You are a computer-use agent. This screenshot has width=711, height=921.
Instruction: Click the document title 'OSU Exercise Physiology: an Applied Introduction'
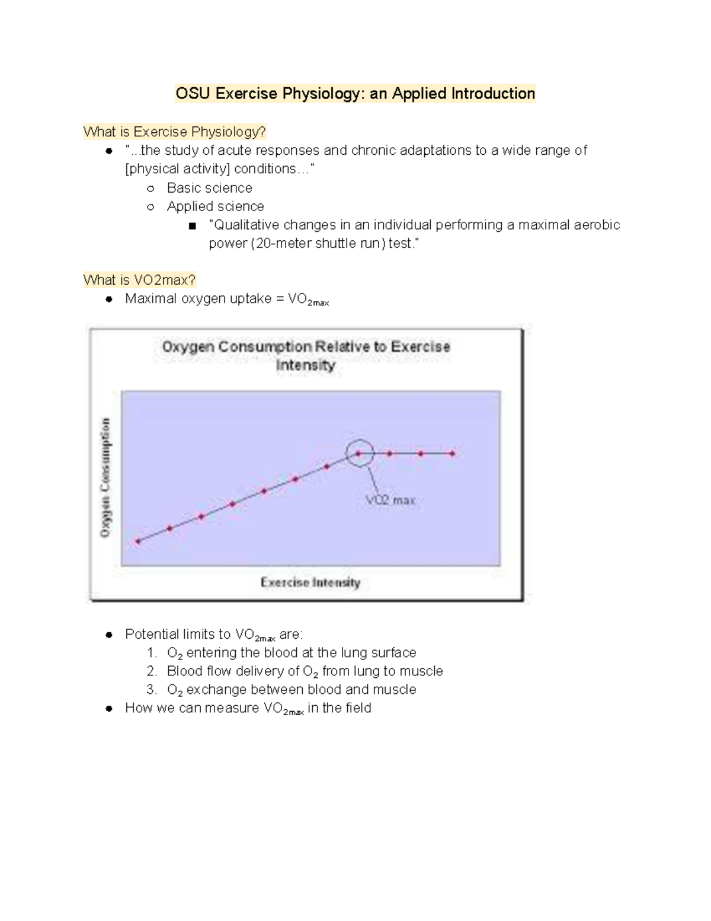tap(355, 94)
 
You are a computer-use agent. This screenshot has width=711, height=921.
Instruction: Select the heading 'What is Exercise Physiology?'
tap(175, 132)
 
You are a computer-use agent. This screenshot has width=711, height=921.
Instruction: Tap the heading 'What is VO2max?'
tap(139, 280)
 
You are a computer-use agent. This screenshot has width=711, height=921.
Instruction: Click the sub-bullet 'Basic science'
tap(209, 188)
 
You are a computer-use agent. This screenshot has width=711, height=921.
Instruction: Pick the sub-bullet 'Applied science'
tap(215, 206)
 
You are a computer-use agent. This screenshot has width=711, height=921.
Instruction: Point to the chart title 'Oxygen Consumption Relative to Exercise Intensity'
tap(306, 355)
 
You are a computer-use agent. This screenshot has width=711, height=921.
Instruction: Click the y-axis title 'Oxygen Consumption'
tap(105, 477)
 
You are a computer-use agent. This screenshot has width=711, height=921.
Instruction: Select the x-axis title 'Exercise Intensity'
tap(310, 582)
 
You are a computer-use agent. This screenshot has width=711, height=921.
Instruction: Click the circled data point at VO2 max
tap(359, 454)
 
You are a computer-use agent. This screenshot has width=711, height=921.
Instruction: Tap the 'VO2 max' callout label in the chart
tap(390, 501)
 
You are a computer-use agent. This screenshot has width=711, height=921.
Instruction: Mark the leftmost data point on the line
tap(138, 541)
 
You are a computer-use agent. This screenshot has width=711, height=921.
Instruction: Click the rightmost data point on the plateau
tap(452, 454)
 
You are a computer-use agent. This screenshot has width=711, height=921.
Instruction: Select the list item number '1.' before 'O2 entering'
tap(152, 653)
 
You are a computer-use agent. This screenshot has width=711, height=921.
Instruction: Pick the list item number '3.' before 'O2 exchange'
tap(152, 690)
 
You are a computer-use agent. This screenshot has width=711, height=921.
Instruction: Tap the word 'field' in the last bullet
tap(357, 708)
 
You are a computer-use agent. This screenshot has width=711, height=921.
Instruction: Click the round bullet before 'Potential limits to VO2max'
tap(109, 635)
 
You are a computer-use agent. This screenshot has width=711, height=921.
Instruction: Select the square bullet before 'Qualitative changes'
tap(191, 226)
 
